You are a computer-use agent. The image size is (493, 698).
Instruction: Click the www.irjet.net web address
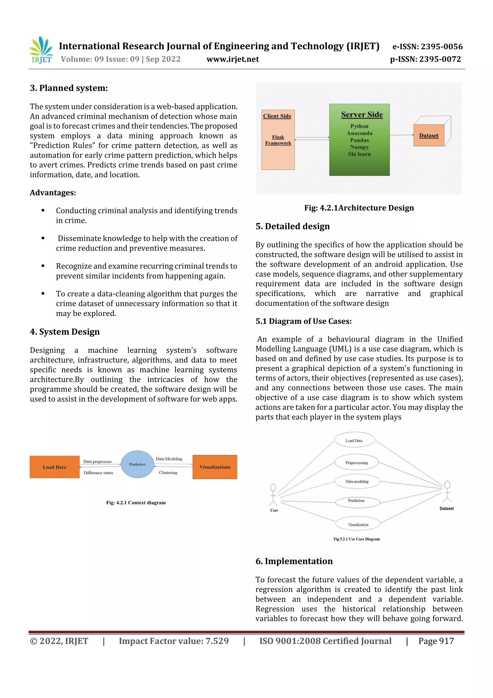pos(233,59)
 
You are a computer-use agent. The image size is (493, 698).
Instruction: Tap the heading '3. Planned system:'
pos(69,88)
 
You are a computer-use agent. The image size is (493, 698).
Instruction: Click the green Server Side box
pos(359,140)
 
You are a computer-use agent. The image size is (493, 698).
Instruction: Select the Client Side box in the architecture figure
pos(278,140)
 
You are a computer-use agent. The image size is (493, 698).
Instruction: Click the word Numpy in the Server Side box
pos(359,147)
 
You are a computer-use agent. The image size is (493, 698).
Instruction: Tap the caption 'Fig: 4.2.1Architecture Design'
pos(359,208)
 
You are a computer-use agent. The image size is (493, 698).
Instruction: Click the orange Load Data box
pos(55,467)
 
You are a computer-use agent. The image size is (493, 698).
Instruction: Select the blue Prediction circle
pos(137,464)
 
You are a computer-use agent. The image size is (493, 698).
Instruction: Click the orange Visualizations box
pos(215,467)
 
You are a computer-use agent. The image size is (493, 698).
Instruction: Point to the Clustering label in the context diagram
pos(168,473)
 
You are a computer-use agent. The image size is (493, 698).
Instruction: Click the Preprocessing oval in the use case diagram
pos(357,463)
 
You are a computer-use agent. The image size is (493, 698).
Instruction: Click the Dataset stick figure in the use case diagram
pos(447,491)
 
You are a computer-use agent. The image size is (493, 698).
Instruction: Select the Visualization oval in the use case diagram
pos(358,525)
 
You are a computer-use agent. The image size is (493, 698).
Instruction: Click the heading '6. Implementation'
pos(294,561)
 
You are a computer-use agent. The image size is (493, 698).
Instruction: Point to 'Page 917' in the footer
pos(436,641)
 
